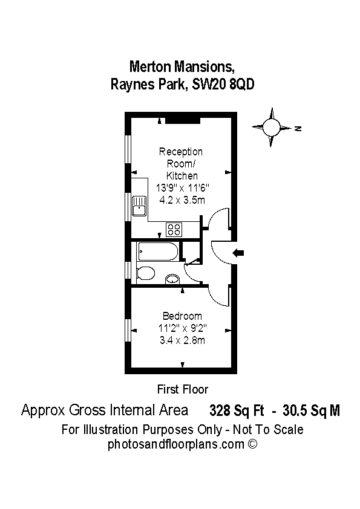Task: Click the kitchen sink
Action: (139, 206)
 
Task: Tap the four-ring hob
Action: (174, 230)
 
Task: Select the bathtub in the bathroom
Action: (159, 251)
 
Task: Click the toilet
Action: (145, 273)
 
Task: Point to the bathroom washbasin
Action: (172, 279)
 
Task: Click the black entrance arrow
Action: (238, 253)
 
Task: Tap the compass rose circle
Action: (271, 127)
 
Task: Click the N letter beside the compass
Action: (298, 128)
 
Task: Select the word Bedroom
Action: (182, 316)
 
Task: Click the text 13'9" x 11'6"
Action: (182, 187)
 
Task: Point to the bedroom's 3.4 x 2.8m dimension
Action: (182, 340)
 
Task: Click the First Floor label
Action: (183, 389)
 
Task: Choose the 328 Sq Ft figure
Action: (237, 410)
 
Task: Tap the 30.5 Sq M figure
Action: (311, 410)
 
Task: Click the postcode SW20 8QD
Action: (223, 85)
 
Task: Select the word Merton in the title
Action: (150, 66)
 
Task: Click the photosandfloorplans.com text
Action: (176, 444)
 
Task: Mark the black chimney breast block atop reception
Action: (182, 120)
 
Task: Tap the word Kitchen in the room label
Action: (182, 176)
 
